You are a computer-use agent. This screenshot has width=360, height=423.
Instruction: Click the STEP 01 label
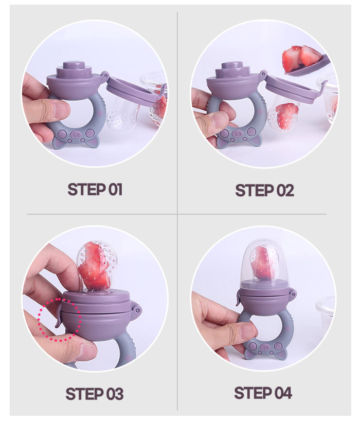95,189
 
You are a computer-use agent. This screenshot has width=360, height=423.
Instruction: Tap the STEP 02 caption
264,191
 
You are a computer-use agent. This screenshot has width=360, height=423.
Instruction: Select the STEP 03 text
95,394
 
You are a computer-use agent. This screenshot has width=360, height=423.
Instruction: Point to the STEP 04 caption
263,393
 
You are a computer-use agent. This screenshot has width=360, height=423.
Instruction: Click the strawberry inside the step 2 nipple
287,116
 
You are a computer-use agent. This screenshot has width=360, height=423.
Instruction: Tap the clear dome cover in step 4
263,263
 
